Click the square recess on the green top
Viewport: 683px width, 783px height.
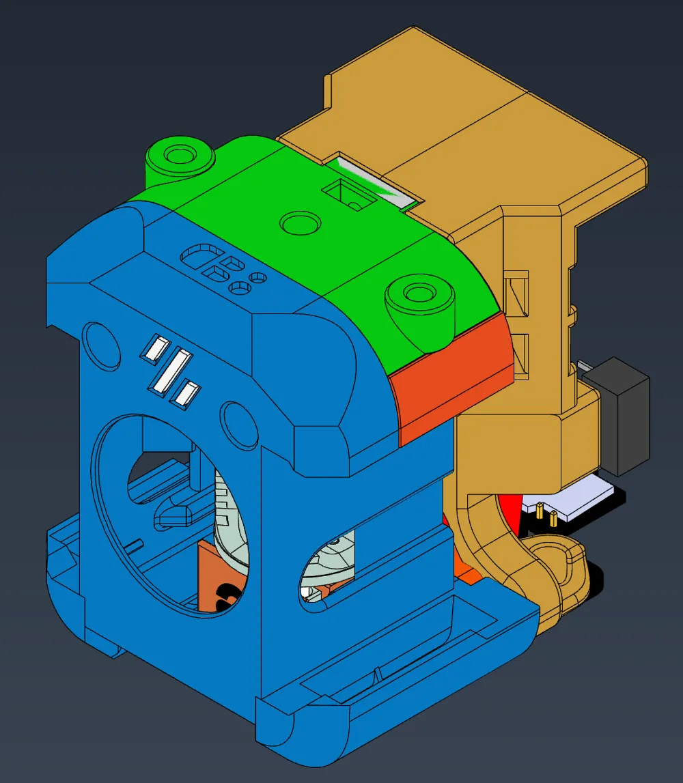coord(349,194)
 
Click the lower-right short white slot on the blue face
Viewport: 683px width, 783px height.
coord(186,394)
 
